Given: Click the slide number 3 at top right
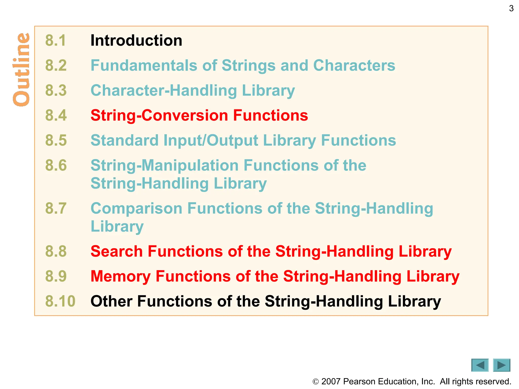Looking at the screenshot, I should (511, 9).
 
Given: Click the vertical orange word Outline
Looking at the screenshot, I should (22, 70).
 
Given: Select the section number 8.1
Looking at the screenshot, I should (56, 41).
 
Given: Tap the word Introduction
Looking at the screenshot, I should (136, 41).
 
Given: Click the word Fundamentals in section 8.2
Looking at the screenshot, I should (144, 66).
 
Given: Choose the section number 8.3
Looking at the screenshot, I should (56, 90).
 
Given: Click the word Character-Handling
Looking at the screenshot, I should (164, 90).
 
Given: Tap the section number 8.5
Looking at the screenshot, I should (56, 140).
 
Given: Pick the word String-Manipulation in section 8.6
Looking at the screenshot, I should (164, 165).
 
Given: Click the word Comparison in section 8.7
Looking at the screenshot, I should (136, 208).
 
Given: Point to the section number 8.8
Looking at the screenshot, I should (56, 251).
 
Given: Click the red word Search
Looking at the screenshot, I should (117, 251).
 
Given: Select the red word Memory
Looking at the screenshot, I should (121, 276).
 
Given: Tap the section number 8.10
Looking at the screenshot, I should (60, 301).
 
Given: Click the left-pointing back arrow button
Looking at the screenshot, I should (480, 365).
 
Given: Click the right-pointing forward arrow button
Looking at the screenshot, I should (502, 365).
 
